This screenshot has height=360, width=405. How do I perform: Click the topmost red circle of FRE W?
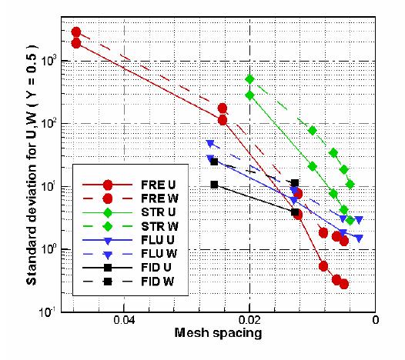tap(76, 32)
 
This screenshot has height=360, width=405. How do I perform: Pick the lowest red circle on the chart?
tap(343, 284)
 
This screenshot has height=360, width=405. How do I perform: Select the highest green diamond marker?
tap(249, 78)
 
